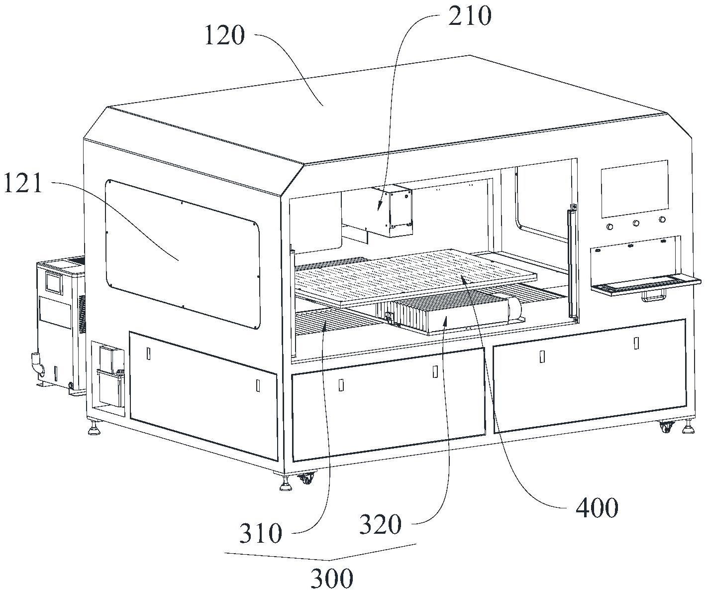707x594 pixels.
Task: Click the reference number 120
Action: (x=225, y=36)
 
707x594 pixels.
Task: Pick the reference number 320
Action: (x=380, y=524)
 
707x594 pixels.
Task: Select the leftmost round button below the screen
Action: (x=609, y=227)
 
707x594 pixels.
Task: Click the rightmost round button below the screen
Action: (x=662, y=219)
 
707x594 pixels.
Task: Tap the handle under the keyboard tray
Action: (x=653, y=297)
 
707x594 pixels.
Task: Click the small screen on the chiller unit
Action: (x=53, y=282)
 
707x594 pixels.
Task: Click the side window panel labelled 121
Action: (x=182, y=254)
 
